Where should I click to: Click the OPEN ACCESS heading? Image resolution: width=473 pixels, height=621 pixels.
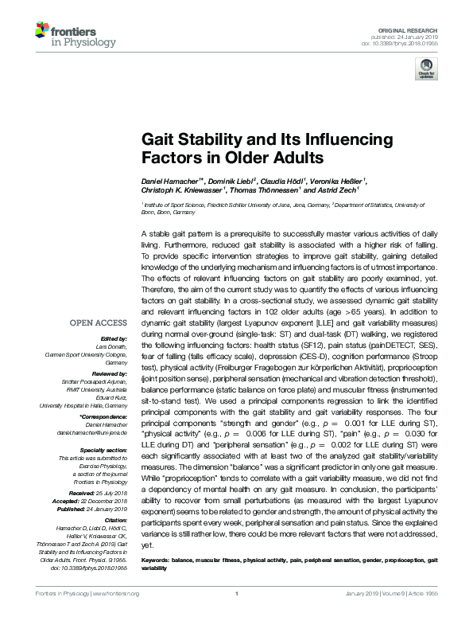[99, 322]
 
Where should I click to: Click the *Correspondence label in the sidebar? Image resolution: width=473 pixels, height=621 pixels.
[103, 416]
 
